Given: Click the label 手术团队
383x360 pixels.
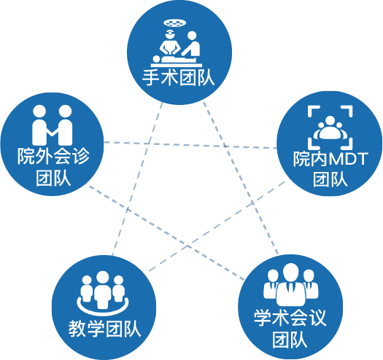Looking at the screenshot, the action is point(179,79).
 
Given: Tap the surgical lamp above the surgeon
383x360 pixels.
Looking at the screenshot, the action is point(174,23).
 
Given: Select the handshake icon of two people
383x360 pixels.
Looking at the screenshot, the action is point(53,125).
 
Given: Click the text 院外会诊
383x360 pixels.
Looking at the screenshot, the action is point(53,156).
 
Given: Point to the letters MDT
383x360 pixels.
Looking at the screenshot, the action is point(348,159).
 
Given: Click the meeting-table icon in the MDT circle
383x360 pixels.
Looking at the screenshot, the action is point(330,128).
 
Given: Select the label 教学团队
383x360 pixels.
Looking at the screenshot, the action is point(105,329).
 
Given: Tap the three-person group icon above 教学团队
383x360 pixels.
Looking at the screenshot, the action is point(103,294).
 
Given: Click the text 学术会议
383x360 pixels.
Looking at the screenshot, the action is point(290,318).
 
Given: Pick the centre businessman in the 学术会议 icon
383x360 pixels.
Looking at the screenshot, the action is point(290,285).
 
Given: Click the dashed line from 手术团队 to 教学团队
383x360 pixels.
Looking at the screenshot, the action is point(137,179).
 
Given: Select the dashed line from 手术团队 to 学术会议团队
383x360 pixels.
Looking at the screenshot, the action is point(241,178).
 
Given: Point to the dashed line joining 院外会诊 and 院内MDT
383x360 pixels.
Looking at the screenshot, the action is point(190,145).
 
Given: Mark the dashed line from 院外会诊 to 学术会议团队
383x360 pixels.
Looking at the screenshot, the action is point(166,233).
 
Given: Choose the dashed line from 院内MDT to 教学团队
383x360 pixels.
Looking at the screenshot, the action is point(217,226).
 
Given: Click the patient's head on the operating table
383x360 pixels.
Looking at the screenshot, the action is point(156,59).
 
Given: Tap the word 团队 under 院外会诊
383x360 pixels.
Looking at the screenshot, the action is point(53,178).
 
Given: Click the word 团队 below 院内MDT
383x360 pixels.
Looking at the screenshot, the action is point(330,179).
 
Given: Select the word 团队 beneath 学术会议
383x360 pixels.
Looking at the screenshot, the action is point(290,340).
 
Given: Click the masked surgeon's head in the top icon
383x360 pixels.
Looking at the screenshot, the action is point(170,34).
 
